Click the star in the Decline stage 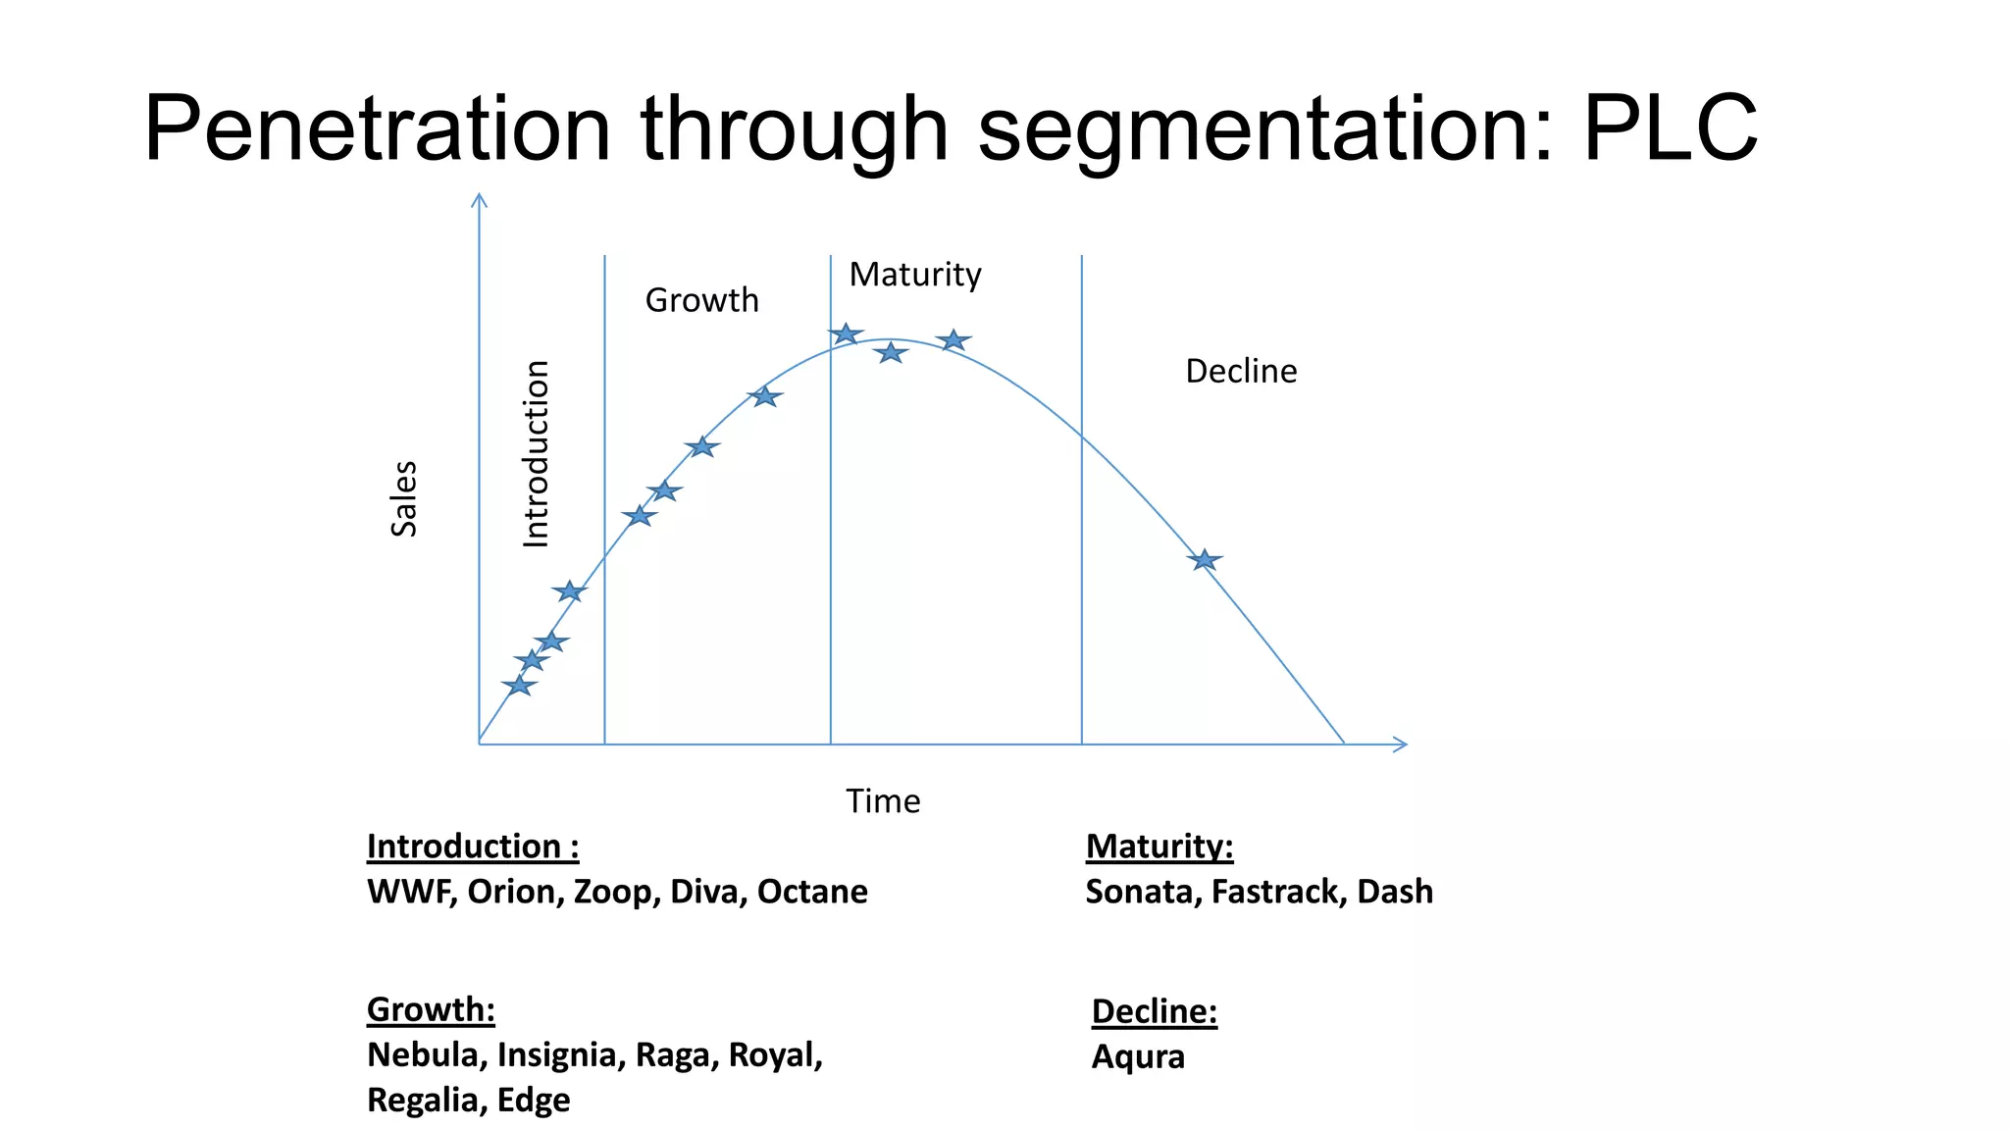click(1204, 560)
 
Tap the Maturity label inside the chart click(914, 275)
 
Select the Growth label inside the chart click(701, 300)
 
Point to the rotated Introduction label click(536, 453)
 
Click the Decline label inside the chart click(1240, 372)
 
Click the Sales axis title click(404, 498)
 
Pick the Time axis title click(883, 801)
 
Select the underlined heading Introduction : click(473, 847)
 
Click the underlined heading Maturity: click(1159, 847)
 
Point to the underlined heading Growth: click(431, 1009)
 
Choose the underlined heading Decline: click(1154, 1011)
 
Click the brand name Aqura click(1138, 1057)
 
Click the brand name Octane click(812, 892)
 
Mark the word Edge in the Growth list click(533, 1101)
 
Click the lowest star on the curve click(519, 686)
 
